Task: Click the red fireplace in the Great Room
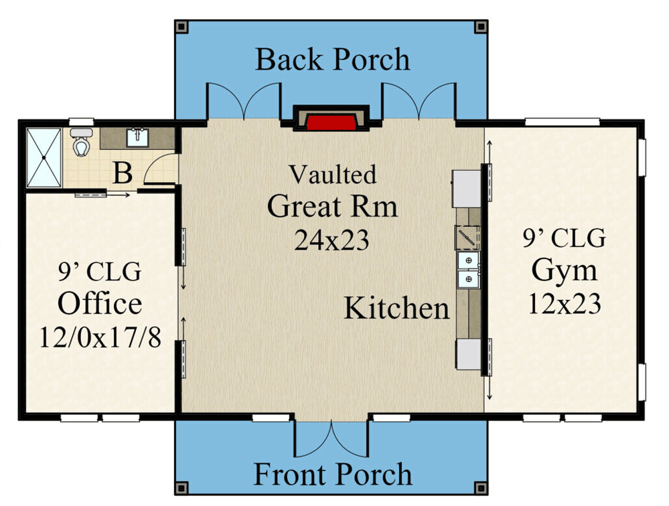331,122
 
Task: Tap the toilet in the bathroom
82,142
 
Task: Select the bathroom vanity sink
139,138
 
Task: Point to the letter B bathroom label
122,173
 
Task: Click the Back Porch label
332,60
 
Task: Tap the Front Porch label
332,475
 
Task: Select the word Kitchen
396,309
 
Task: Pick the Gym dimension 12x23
564,305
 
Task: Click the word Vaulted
332,175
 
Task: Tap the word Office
100,304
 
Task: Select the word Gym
564,271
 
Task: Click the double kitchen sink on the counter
467,269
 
